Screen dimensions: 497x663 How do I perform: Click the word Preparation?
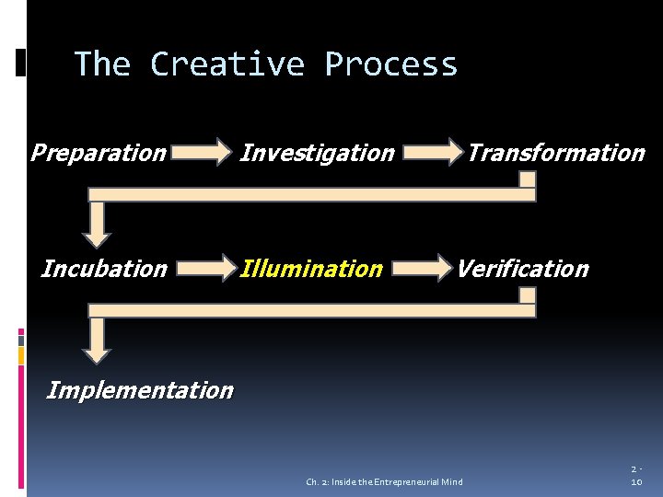(99, 153)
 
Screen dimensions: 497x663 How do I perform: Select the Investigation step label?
(317, 153)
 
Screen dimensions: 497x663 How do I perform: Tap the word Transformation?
(555, 153)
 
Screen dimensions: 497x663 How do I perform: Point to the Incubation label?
(104, 269)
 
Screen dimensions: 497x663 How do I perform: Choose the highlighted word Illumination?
(311, 269)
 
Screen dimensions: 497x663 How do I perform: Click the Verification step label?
(522, 269)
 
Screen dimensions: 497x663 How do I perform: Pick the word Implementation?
(140, 390)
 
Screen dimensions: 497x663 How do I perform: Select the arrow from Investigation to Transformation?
(434, 152)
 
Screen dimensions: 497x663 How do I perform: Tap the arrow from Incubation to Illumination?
(206, 268)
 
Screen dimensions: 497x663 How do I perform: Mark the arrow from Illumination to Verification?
(423, 268)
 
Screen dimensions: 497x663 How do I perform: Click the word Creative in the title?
(227, 64)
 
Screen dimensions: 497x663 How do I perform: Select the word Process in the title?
(390, 64)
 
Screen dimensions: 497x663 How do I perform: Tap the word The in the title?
(102, 64)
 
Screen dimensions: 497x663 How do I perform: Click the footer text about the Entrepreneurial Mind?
(385, 482)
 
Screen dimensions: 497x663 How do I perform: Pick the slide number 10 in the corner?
(635, 482)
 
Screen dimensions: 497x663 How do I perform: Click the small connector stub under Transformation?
(528, 181)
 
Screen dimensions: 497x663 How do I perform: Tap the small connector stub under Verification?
(528, 296)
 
